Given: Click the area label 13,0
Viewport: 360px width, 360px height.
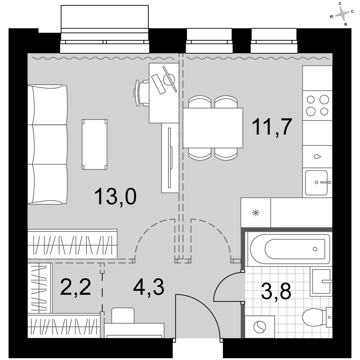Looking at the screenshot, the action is pos(116,196).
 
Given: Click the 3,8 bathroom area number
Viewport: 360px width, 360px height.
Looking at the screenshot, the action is pos(276,291).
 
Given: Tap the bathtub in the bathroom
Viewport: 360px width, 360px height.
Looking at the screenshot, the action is pos(290,249).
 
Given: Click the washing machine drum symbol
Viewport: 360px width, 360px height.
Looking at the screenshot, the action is pos(260,327).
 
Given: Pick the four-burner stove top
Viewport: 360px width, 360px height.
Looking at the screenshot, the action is pos(317,105).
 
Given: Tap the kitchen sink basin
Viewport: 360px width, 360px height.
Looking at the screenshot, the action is pos(316,183).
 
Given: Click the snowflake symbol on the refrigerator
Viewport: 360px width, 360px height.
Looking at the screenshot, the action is pos(256,213).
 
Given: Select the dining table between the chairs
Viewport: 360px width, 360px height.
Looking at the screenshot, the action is pos(213,128).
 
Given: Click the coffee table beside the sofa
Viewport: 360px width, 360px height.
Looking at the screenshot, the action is pos(95,144).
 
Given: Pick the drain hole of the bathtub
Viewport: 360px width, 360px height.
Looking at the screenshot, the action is pos(315,249).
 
